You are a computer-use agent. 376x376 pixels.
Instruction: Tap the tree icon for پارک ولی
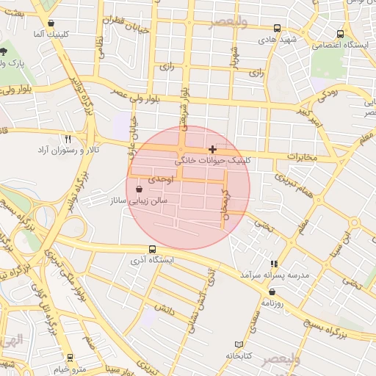coord(4,51)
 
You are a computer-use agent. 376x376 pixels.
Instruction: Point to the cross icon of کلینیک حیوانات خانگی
coord(213,149)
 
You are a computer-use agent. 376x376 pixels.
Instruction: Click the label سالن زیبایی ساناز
coord(139,200)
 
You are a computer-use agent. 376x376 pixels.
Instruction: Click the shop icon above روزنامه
coord(272,292)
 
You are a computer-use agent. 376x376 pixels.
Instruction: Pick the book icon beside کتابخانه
coord(238,344)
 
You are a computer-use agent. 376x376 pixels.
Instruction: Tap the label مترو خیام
coord(69,368)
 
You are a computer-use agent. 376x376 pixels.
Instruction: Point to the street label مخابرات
coord(301,157)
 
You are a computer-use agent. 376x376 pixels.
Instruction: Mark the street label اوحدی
coord(159,178)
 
